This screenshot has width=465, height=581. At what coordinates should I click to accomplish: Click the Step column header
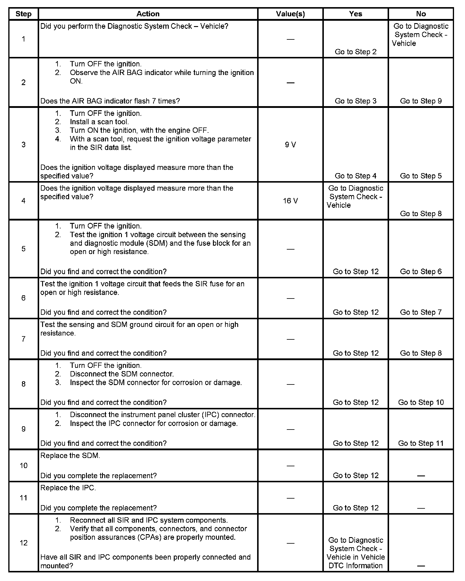(x=23, y=14)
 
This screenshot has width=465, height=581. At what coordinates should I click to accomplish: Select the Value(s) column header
(x=290, y=14)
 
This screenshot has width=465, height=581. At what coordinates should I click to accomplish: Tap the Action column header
(x=148, y=14)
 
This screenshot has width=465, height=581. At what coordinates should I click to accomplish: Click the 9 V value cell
(x=290, y=145)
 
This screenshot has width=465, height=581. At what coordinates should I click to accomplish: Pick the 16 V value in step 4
(x=290, y=201)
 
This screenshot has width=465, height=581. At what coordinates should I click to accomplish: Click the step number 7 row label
(x=23, y=339)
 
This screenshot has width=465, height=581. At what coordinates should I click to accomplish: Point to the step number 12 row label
(x=23, y=543)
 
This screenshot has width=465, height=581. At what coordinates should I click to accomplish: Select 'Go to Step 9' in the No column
(x=421, y=101)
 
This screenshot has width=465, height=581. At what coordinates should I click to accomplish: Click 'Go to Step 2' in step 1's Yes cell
(x=355, y=52)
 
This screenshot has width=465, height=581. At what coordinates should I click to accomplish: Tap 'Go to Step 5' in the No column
(x=421, y=176)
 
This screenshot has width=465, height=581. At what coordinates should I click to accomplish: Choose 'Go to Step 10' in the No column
(x=421, y=402)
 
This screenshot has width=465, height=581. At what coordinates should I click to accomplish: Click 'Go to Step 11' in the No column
(x=421, y=443)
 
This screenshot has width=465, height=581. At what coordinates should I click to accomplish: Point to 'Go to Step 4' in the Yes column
(x=355, y=176)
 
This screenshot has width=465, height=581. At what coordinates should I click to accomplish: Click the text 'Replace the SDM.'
(x=70, y=456)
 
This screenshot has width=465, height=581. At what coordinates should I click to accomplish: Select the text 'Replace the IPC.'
(x=68, y=488)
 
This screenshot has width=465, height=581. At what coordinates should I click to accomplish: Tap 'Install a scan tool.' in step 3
(x=99, y=122)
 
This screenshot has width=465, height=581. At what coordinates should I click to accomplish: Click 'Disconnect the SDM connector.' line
(x=122, y=374)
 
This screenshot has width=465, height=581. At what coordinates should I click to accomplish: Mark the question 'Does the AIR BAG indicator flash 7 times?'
(x=110, y=101)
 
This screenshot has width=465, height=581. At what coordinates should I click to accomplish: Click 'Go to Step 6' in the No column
(x=421, y=272)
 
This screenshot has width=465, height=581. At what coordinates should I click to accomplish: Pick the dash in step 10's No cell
(x=421, y=476)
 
